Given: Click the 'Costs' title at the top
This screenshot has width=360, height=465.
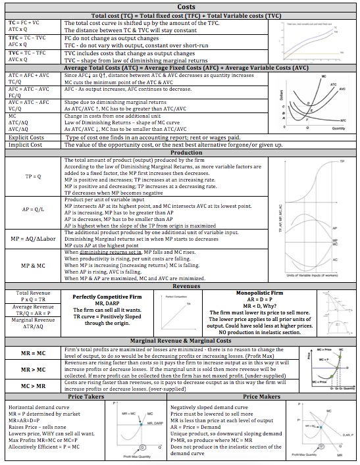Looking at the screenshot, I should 180,5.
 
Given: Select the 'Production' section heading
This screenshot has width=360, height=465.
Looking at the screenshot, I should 180,153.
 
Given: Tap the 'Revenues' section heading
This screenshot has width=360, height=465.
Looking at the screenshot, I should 180,285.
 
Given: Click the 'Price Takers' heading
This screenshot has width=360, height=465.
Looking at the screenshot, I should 90,397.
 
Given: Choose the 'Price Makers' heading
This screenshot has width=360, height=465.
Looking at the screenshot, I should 269,397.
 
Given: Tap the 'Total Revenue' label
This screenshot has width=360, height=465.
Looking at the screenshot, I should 32,293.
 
